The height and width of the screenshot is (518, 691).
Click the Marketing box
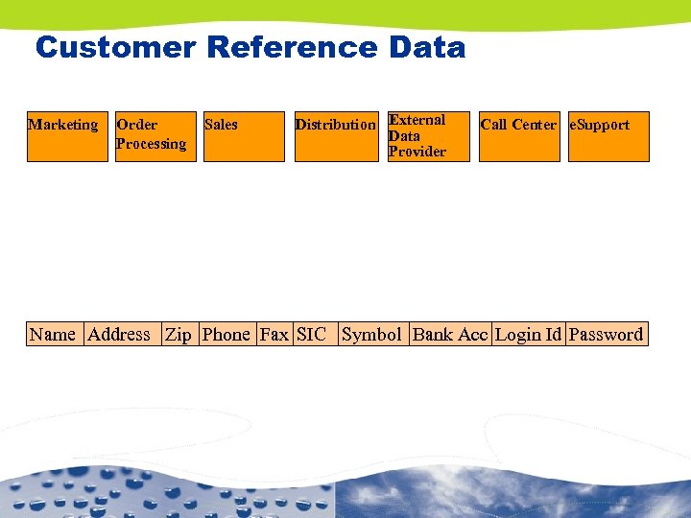pyautogui.click(x=67, y=136)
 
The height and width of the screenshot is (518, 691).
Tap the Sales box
pyautogui.click(x=243, y=136)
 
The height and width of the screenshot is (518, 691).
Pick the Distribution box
pyautogui.click(x=335, y=136)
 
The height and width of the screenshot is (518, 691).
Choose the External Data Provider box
pyautogui.click(x=427, y=136)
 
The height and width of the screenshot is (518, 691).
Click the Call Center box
pyautogui.click(x=518, y=136)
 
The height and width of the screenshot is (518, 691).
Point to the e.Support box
pyautogui.click(x=608, y=136)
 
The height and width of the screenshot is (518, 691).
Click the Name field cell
pyautogui.click(x=54, y=334)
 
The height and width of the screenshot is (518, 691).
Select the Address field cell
pyautogui.click(x=120, y=334)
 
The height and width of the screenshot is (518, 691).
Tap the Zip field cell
pyautogui.click(x=179, y=334)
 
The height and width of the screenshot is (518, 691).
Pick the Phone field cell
pyautogui.click(x=226, y=334)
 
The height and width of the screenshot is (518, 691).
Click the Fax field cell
pyautogui.click(x=274, y=334)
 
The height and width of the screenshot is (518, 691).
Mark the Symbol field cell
pyautogui.click(x=372, y=334)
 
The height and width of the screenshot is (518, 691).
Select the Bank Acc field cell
pyautogui.click(x=450, y=334)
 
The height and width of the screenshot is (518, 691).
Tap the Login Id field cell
pyautogui.click(x=528, y=334)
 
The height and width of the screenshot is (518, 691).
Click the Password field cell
pyautogui.click(x=606, y=334)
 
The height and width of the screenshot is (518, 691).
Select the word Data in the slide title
pyautogui.click(x=428, y=47)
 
